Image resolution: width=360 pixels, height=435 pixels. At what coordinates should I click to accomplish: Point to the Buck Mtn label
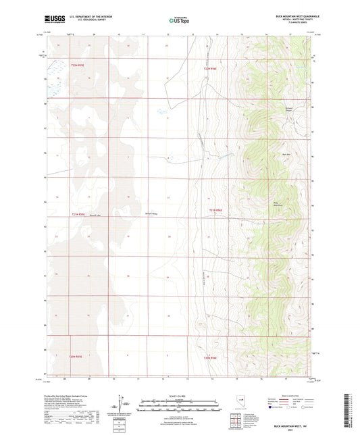click(286, 154)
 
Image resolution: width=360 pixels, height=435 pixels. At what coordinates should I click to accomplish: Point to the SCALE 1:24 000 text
click(179, 396)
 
